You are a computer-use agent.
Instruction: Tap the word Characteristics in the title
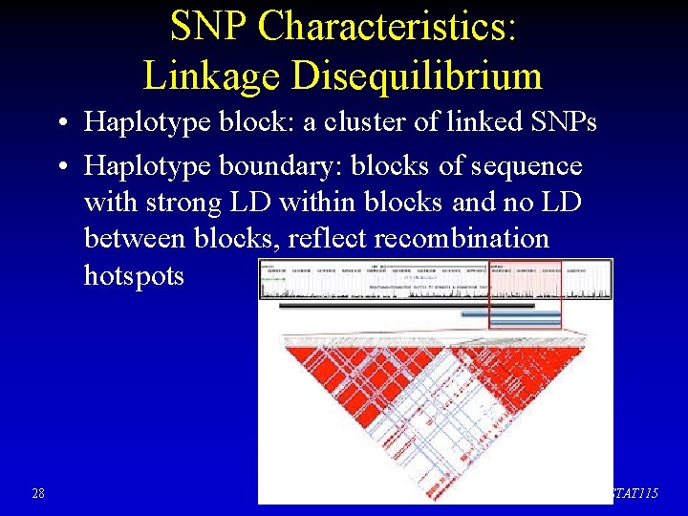coord(388,27)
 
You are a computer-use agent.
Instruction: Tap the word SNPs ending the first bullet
coord(562,123)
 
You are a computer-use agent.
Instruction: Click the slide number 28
coord(37,493)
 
